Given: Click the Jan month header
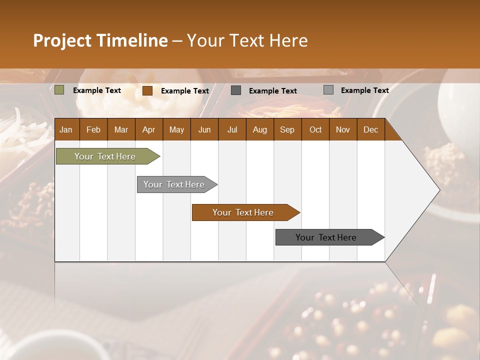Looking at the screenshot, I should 66,129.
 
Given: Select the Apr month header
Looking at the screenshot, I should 148,129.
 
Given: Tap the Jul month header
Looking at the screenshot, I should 232,129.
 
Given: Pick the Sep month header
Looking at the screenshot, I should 287,129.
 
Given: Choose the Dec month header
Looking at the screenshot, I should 370,129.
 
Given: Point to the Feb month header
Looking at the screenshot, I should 93,129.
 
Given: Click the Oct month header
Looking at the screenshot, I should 315,129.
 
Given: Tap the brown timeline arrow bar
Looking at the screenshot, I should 243,212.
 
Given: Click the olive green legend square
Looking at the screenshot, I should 59,90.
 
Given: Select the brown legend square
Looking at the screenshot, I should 147,90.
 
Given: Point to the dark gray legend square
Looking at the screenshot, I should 236,90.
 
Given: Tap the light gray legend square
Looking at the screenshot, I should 328,90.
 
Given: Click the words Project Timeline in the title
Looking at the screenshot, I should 100,40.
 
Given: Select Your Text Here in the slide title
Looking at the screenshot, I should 247,40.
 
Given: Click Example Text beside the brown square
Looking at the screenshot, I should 185,91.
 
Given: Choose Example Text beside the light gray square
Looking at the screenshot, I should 364,90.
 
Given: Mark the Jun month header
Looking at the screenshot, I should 204,129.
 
